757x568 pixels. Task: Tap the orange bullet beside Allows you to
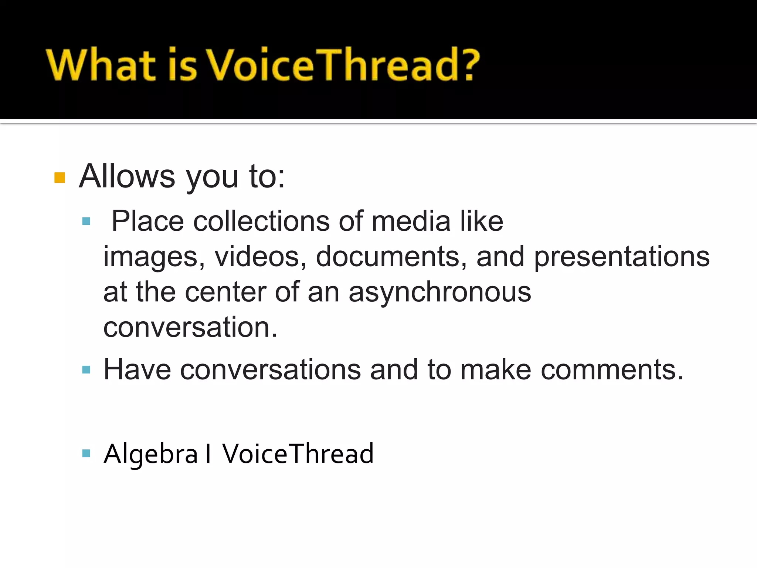click(60, 177)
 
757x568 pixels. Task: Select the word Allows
click(127, 176)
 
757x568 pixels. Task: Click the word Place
click(147, 221)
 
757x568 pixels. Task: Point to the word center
click(225, 292)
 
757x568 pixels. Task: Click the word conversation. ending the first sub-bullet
click(190, 327)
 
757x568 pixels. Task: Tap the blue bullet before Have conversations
click(86, 369)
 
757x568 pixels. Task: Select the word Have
click(137, 369)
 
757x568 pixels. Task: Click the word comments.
click(612, 369)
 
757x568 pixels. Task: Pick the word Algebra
click(151, 454)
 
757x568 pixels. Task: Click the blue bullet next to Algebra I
click(86, 453)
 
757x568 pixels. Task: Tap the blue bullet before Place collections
click(86, 222)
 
